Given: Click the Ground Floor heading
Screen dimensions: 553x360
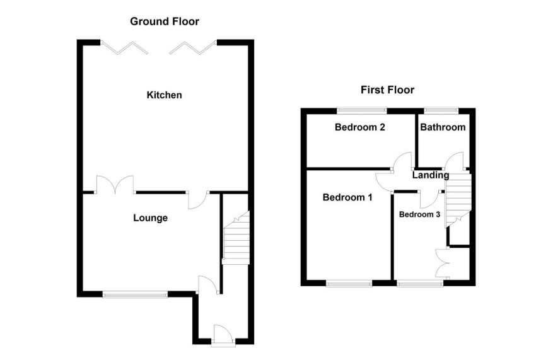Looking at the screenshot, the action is click(165, 21).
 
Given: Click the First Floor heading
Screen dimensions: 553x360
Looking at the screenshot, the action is click(387, 90).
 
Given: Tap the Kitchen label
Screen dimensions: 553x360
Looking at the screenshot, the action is click(165, 95).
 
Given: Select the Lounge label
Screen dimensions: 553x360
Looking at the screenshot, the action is click(150, 218).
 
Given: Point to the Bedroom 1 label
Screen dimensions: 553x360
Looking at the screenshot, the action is click(347, 197).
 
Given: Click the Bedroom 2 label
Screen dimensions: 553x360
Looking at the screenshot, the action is click(359, 127).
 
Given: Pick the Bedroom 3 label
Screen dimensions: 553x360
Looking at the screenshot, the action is click(419, 214).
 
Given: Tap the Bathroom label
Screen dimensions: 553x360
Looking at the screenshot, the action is click(443, 127).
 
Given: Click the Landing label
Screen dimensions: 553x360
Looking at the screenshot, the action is click(431, 175).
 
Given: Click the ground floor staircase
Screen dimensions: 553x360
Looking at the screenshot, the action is click(236, 237).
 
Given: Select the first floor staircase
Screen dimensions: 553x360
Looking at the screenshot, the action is click(458, 199).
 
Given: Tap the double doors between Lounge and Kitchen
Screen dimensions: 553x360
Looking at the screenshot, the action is click(115, 184).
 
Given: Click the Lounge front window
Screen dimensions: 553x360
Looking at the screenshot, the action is click(135, 294).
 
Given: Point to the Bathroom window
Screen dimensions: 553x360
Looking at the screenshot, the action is click(441, 111).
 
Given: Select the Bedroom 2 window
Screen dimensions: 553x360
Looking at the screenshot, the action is click(362, 111).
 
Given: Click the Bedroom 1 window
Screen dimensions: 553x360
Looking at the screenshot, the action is click(349, 284).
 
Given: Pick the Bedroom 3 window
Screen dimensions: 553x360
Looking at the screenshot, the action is click(420, 284).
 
